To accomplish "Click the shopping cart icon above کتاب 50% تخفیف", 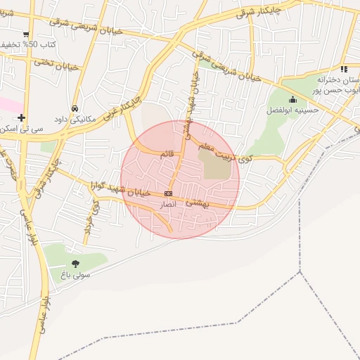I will coord(26,34).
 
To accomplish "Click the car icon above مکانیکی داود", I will coord(75,108).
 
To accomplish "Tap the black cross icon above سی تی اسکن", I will coord(22,117).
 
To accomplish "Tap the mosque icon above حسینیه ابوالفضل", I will coord(292,100).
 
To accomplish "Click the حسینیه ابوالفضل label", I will coord(292,110).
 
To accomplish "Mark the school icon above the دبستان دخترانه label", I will coord(343,69).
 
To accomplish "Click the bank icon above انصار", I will coord(168,193).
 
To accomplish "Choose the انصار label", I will coord(167,202).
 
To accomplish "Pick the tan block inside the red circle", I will coord(216,165).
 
